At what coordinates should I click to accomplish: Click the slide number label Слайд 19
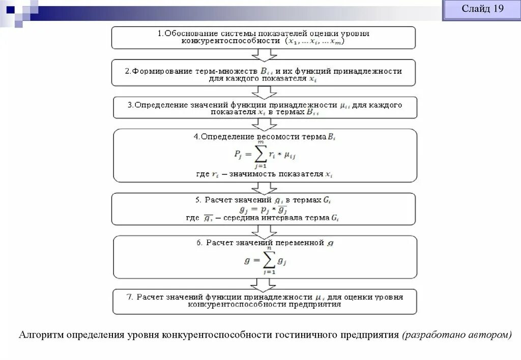pyautogui.click(x=482, y=9)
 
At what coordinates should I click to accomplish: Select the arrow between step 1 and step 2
pyautogui.click(x=264, y=54)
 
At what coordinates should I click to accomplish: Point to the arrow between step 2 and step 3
pyautogui.click(x=264, y=92)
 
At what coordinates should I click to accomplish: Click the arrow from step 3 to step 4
pyautogui.click(x=264, y=124)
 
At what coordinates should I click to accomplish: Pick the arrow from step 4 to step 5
pyautogui.click(x=264, y=187)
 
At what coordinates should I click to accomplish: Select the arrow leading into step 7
pyautogui.click(x=264, y=283)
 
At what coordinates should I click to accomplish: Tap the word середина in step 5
pyautogui.click(x=238, y=218)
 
